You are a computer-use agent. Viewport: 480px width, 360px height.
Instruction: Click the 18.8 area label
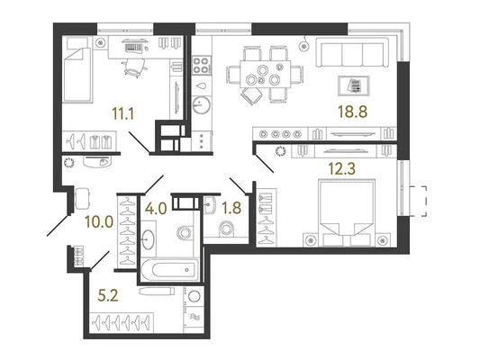tap(352, 112)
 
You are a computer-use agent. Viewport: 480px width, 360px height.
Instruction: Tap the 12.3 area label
tap(342, 168)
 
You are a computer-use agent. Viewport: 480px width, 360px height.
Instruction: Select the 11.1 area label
tap(123, 114)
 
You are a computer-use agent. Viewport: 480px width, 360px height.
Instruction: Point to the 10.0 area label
tap(99, 221)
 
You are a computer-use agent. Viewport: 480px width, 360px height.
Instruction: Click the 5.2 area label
tap(108, 296)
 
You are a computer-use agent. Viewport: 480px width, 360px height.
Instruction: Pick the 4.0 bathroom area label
tap(156, 209)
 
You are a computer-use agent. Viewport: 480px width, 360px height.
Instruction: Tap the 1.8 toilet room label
tap(231, 208)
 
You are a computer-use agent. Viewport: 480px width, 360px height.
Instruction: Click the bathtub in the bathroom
tap(170, 269)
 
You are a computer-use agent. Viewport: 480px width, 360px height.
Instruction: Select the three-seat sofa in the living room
tap(352, 52)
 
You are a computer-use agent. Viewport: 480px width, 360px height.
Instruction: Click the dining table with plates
tap(265, 74)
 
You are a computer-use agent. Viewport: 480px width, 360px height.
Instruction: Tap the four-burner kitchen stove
tap(201, 65)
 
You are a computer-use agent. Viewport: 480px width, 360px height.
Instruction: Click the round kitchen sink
tap(202, 105)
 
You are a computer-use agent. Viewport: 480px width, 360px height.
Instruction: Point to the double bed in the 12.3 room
tap(347, 212)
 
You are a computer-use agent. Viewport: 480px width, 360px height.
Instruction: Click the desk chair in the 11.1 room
tap(134, 67)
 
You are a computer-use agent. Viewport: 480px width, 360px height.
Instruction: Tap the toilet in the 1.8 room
tap(227, 229)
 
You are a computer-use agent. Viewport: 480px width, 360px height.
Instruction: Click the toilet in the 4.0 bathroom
tap(185, 233)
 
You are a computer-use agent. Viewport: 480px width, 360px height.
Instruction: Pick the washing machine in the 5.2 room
tap(194, 297)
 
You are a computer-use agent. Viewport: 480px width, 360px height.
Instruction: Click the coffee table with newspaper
tap(354, 85)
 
